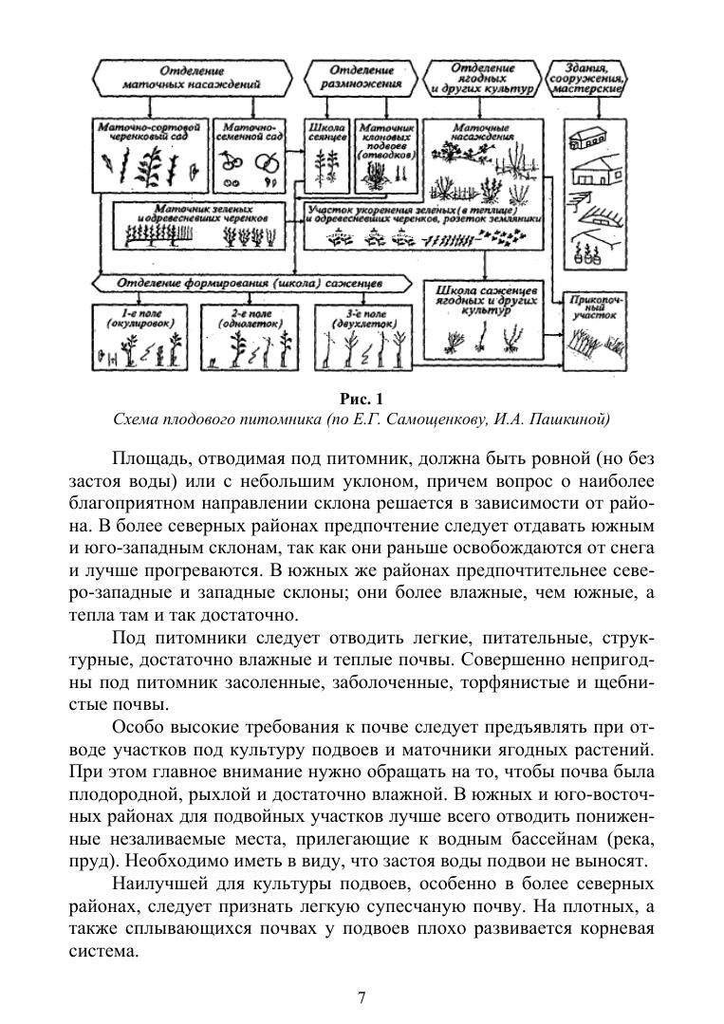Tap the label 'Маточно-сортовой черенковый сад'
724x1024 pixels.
click(x=152, y=131)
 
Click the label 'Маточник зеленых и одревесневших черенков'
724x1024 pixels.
click(x=203, y=213)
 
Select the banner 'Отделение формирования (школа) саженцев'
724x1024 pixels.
click(x=249, y=283)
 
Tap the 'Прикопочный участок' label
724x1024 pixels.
click(x=596, y=306)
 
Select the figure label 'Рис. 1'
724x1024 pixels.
click(x=362, y=398)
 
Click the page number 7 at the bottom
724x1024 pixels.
click(x=362, y=997)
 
